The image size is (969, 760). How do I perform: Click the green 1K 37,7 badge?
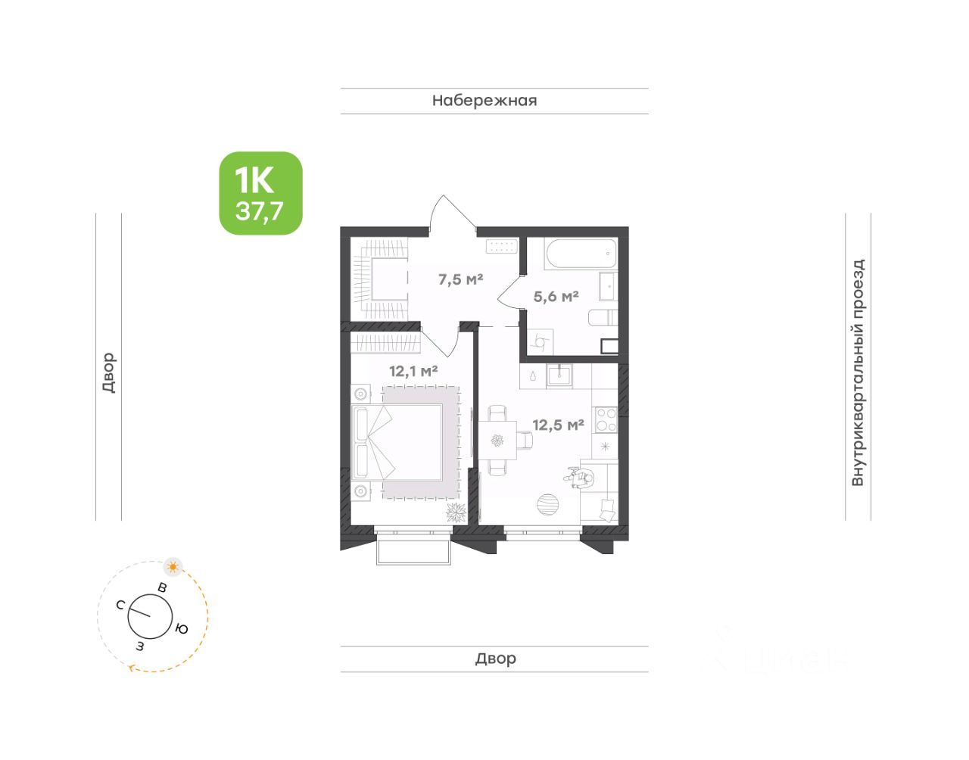[260, 193]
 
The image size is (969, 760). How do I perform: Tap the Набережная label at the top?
[484, 101]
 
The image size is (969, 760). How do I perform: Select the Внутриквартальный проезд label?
[858, 372]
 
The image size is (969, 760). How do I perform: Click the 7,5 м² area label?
[460, 279]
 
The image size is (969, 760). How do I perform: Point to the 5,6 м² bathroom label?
[556, 296]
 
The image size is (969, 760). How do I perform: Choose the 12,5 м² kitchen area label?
[558, 425]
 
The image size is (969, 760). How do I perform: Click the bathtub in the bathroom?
[581, 254]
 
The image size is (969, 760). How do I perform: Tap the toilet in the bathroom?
[603, 318]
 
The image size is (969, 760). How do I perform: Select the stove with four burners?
[605, 419]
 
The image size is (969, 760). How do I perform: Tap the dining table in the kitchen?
[497, 441]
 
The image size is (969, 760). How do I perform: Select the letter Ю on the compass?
[181, 628]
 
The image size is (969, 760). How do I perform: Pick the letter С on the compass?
[120, 605]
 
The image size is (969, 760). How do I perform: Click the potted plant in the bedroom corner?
[456, 512]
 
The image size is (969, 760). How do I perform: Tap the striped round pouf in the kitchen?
[548, 505]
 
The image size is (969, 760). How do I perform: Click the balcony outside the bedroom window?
[412, 553]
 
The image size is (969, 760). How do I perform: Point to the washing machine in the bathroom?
[540, 342]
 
